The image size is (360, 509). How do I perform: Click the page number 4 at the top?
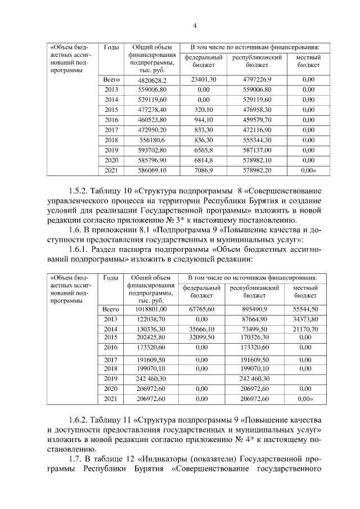[x=195, y=25]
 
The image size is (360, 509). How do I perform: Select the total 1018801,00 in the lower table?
[x=150, y=309]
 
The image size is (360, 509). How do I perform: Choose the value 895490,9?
[x=254, y=309]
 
